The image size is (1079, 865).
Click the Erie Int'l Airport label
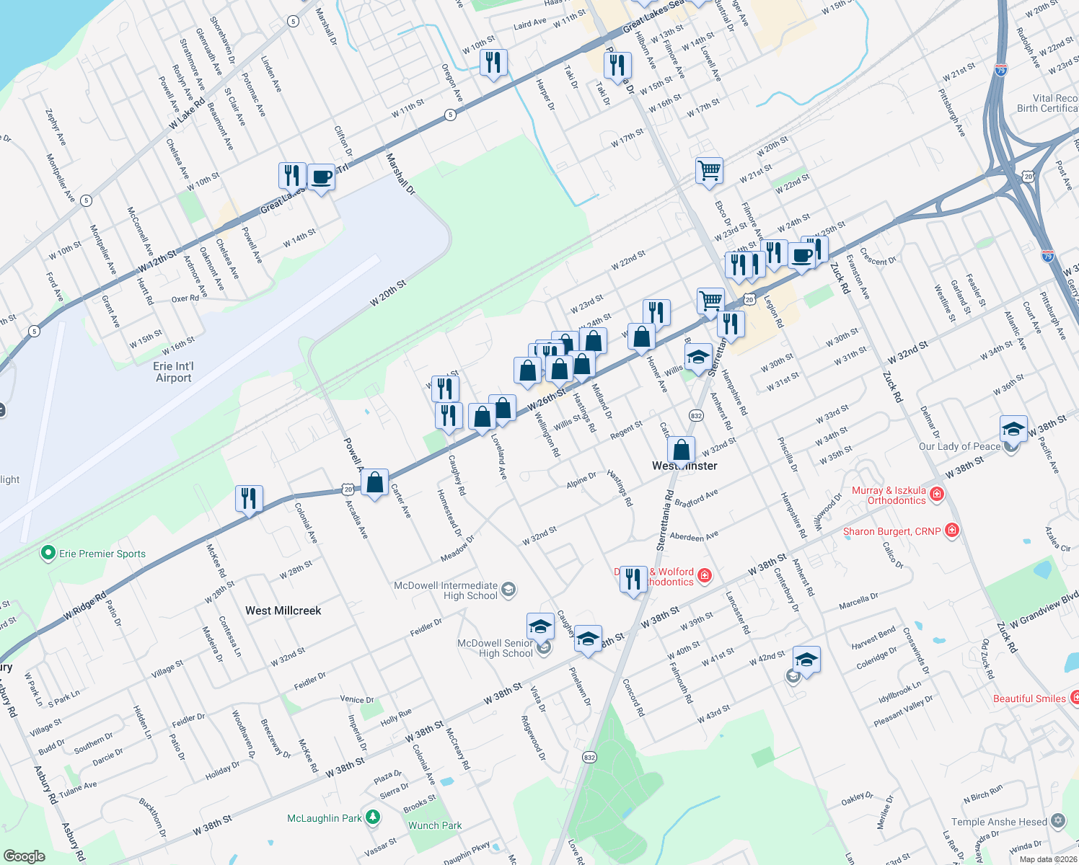click(x=174, y=372)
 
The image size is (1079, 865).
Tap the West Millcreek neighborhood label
click(x=283, y=611)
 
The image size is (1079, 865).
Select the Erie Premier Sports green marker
click(x=48, y=554)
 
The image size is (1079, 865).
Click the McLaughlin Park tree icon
click(x=372, y=817)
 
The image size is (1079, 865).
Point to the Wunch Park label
click(x=435, y=825)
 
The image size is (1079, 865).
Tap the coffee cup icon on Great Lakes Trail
click(x=321, y=177)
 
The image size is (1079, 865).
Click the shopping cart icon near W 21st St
click(x=710, y=171)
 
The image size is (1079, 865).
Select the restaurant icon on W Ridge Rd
click(x=249, y=498)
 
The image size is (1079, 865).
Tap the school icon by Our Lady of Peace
click(x=1013, y=429)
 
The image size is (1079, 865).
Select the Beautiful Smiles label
click(x=1029, y=698)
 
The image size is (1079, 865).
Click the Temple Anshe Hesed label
click(x=999, y=822)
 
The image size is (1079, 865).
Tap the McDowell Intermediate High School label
click(x=446, y=590)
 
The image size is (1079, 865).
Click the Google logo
click(x=24, y=856)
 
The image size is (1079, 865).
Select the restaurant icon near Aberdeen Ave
click(x=633, y=578)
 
